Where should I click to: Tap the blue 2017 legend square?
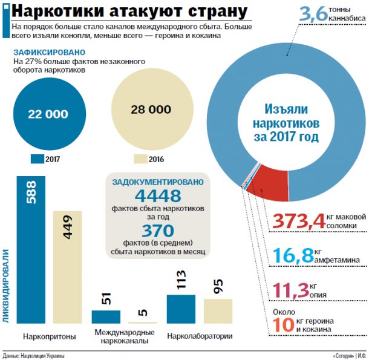coord(37,159)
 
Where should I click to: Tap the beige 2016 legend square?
coord(140,159)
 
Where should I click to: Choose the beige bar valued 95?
coord(218,310)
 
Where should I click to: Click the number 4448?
coord(158,196)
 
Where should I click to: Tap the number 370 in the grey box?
coord(158,231)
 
